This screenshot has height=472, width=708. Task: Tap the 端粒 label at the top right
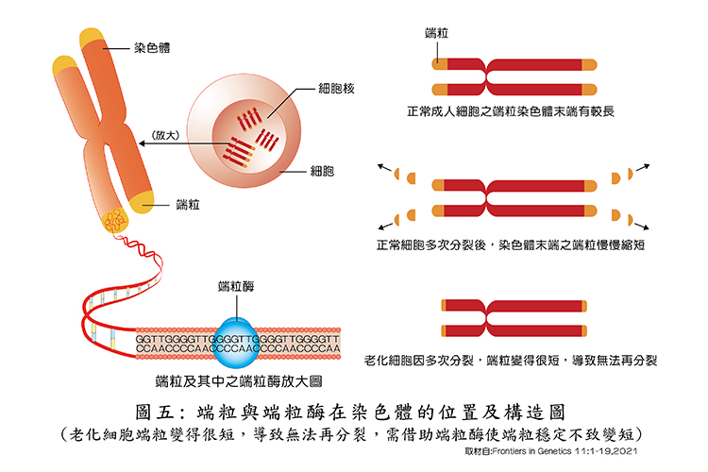coord(436,34)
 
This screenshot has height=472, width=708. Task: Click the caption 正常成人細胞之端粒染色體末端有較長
coord(511,112)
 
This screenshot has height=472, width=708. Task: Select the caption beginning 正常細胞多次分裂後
coord(511,244)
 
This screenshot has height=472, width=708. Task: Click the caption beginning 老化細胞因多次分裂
coord(510,361)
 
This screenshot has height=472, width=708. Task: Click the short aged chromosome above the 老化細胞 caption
coord(511,317)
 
